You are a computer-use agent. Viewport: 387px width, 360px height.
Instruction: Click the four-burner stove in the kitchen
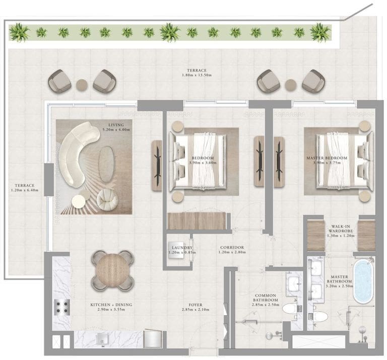click(62, 306)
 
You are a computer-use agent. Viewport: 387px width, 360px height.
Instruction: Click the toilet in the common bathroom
click(289, 308)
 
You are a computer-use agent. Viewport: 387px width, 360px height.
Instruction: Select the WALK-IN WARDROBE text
click(341, 230)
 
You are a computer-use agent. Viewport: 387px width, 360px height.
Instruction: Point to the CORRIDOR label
click(232, 248)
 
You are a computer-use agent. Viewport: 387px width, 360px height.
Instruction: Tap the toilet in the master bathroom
click(320, 316)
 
